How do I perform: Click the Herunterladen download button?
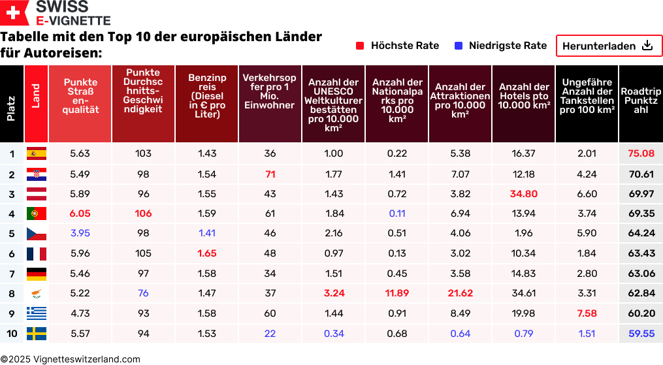[x=609, y=46]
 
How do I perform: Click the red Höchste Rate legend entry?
[x=398, y=46]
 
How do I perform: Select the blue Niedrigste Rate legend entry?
[x=500, y=46]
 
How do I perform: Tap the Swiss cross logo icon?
[x=14, y=13]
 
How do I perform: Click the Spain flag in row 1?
[x=36, y=153]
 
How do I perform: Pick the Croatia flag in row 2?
[x=36, y=174]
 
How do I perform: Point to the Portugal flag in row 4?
[x=36, y=214]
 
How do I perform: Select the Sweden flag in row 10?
[x=36, y=334]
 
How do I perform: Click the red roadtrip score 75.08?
[x=641, y=153]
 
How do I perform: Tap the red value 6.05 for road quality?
[x=80, y=214]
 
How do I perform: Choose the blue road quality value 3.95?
[x=80, y=233]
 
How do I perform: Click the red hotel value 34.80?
[x=523, y=194]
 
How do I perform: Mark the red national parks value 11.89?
[x=396, y=293]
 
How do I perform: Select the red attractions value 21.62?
[x=460, y=293]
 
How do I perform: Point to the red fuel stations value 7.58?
[x=587, y=313]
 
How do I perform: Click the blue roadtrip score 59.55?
[x=641, y=334]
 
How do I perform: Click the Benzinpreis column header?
[x=207, y=96]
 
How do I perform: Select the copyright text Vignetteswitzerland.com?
[x=70, y=359]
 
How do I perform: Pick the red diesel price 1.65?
[x=206, y=253]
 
